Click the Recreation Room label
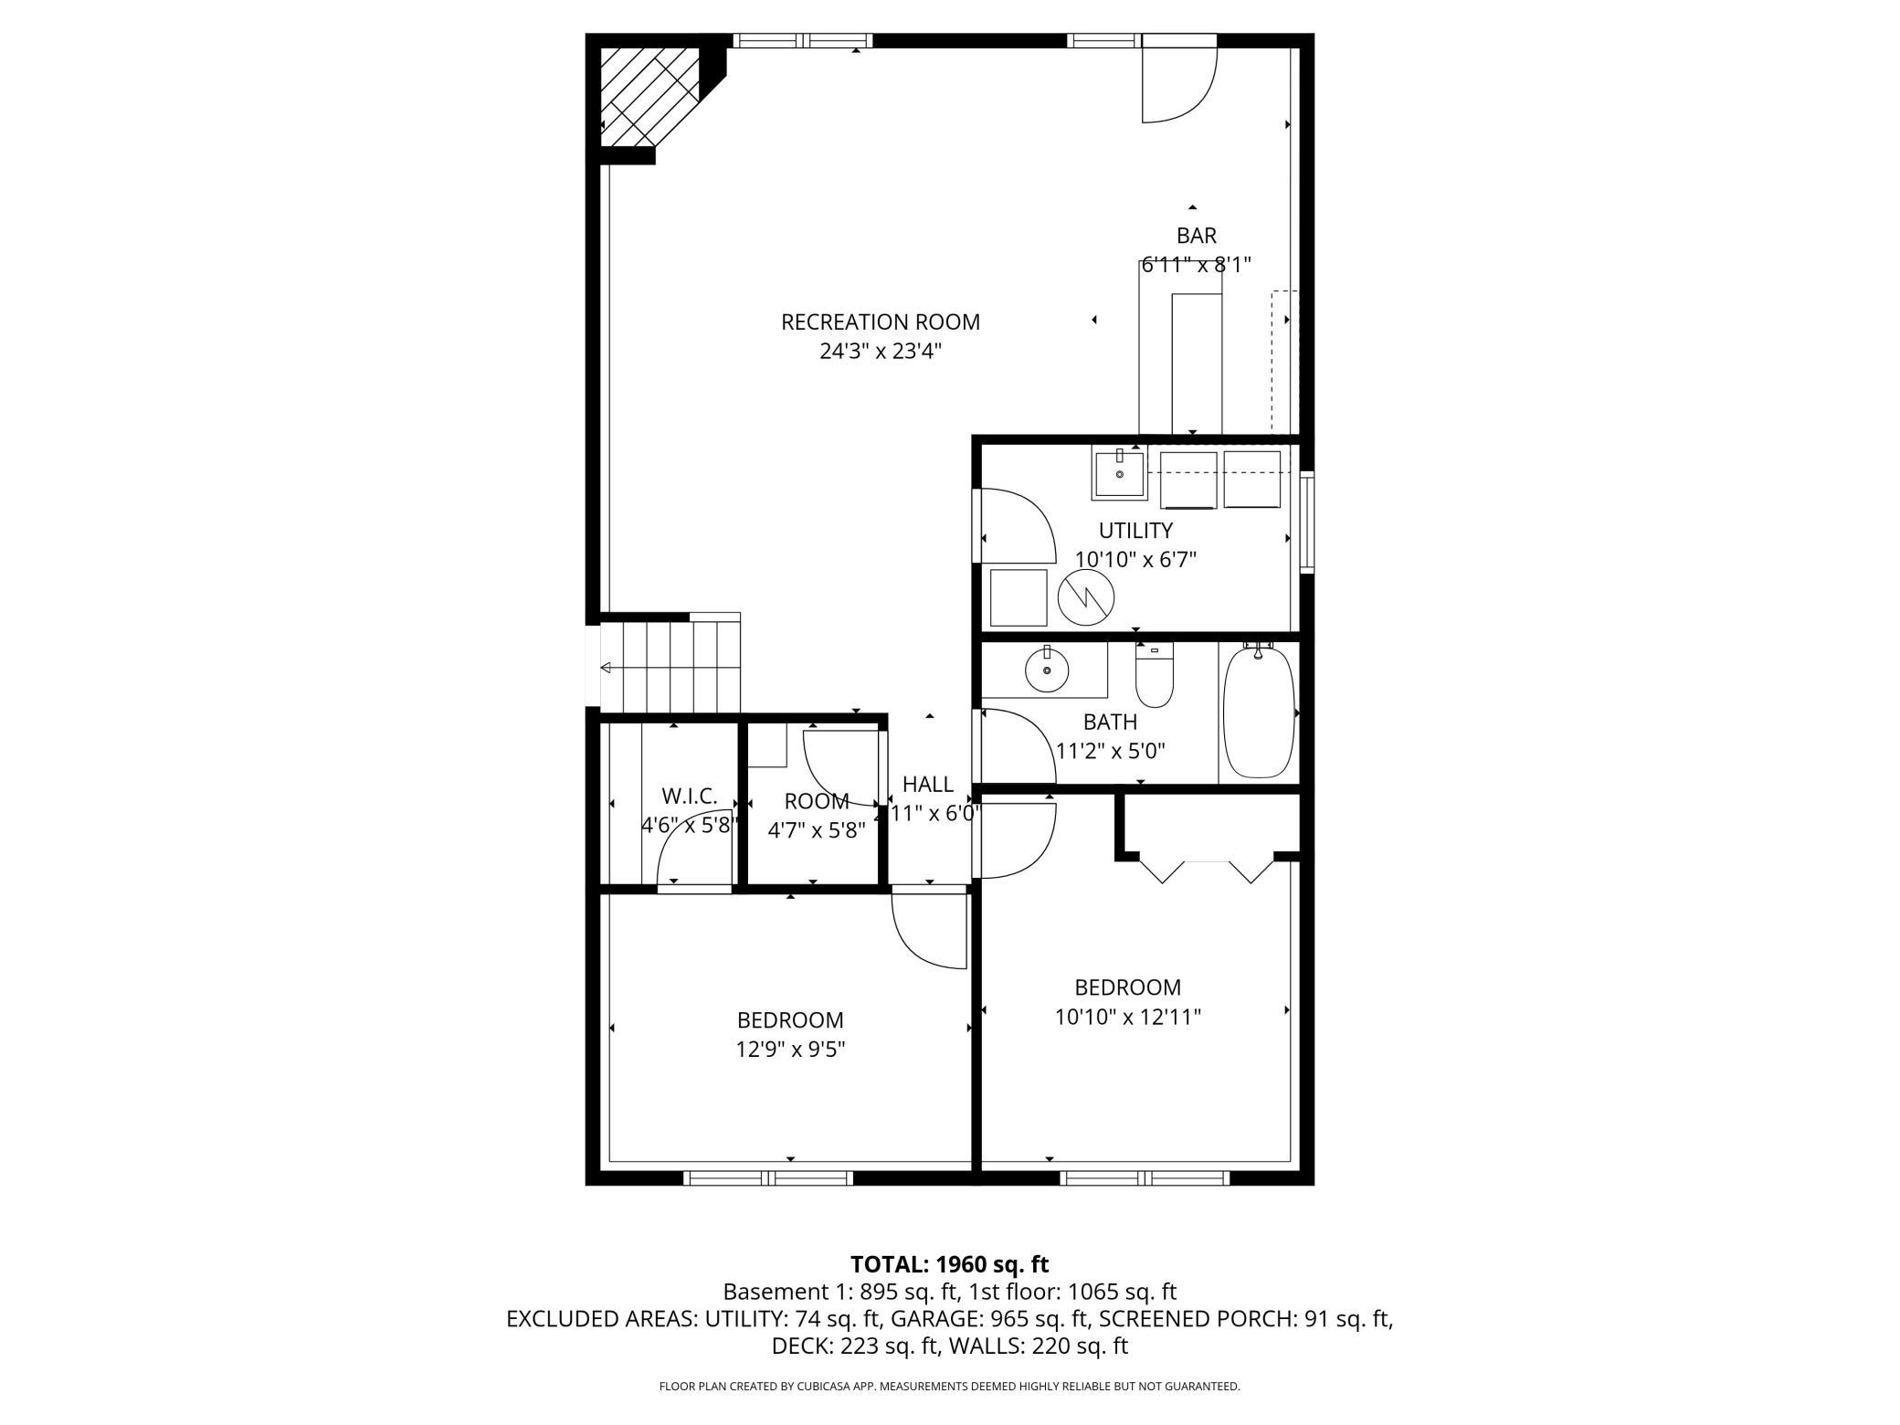(881, 322)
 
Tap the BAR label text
(1197, 236)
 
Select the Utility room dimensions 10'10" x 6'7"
(1135, 560)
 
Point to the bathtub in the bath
(1259, 711)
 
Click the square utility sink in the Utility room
(1119, 474)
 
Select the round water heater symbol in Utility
(1086, 598)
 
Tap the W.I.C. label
(690, 796)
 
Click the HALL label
(928, 785)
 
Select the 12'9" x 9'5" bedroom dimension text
(790, 1050)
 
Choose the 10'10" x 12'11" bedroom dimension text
(1128, 1017)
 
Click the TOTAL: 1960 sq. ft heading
(950, 1264)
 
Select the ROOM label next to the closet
(817, 801)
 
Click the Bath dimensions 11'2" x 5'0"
(1111, 752)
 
